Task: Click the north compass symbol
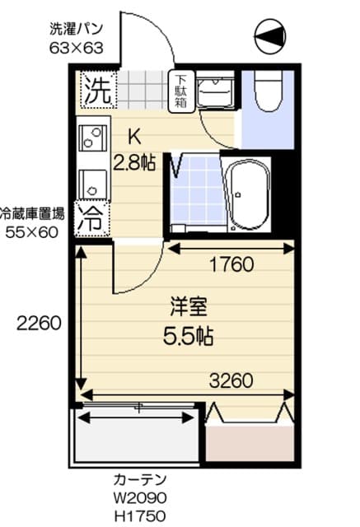tap(270, 35)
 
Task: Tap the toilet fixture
tap(268, 91)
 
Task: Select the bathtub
tap(248, 194)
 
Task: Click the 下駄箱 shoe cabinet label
tap(181, 91)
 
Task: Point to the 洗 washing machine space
tap(98, 90)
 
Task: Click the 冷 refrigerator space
tap(92, 218)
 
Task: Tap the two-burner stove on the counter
tap(92, 138)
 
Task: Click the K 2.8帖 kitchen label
tap(134, 150)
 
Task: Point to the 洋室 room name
tap(188, 306)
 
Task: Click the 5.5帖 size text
tap(188, 336)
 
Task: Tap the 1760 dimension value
tap(231, 264)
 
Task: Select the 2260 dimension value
tap(39, 324)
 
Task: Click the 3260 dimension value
tap(231, 381)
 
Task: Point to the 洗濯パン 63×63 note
tap(77, 39)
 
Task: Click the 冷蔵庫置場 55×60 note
tap(32, 222)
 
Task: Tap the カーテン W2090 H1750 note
tap(140, 498)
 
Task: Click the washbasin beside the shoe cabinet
tap(215, 90)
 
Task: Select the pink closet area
tap(250, 443)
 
